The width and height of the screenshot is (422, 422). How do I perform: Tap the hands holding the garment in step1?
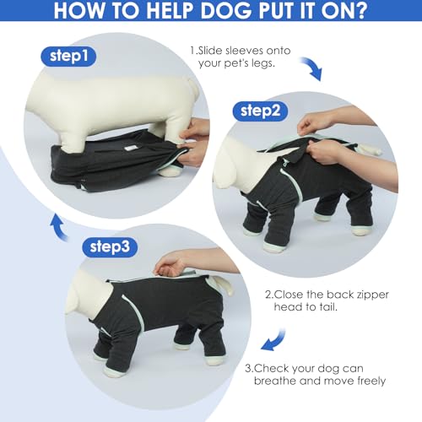click(196, 142)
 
